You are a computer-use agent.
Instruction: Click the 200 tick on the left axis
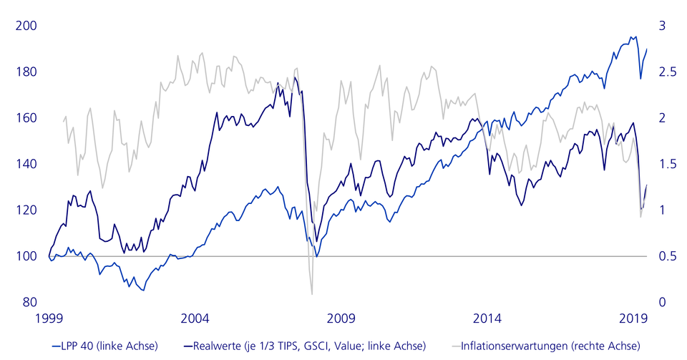click(26, 26)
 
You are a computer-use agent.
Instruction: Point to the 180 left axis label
click(26, 72)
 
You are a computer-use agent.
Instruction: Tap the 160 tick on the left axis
click(26, 118)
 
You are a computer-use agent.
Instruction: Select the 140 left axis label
click(26, 165)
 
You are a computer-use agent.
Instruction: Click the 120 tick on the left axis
click(26, 210)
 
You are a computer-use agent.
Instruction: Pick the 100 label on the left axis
click(26, 256)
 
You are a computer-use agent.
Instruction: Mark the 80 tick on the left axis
click(29, 302)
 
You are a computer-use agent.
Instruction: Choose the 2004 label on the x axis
click(195, 318)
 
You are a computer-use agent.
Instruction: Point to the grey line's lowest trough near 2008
click(312, 293)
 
